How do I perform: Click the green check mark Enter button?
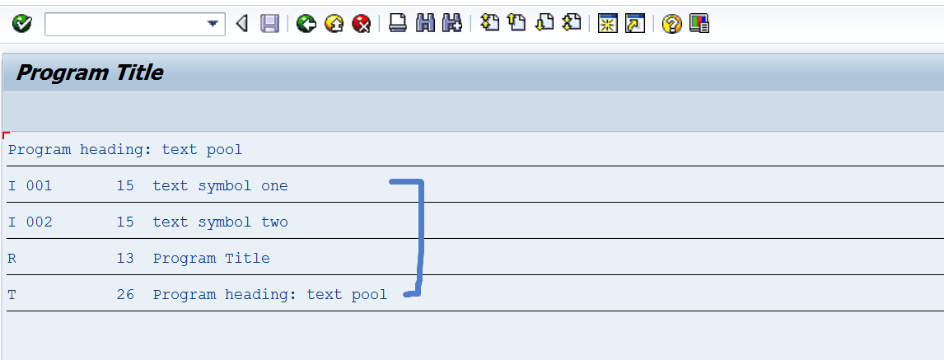click(x=22, y=24)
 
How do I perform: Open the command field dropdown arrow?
click(x=214, y=24)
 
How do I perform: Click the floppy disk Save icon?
click(x=269, y=24)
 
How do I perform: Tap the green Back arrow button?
click(x=306, y=24)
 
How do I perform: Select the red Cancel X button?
click(x=361, y=24)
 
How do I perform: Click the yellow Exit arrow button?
click(x=334, y=24)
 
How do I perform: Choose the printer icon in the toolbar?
click(x=398, y=24)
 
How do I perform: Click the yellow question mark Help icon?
click(x=672, y=24)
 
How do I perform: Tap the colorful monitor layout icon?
click(x=699, y=24)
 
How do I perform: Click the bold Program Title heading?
click(x=90, y=73)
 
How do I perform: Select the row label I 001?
click(x=30, y=186)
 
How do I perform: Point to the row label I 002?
click(x=30, y=222)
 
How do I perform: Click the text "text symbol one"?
click(x=220, y=186)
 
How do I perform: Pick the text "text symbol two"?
click(x=220, y=222)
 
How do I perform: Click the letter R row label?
click(x=12, y=259)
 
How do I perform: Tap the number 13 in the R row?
click(x=125, y=259)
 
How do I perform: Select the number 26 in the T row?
click(x=125, y=295)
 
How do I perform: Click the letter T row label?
click(x=12, y=295)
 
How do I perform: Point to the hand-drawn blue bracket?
click(x=420, y=239)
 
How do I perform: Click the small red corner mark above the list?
click(x=6, y=134)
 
